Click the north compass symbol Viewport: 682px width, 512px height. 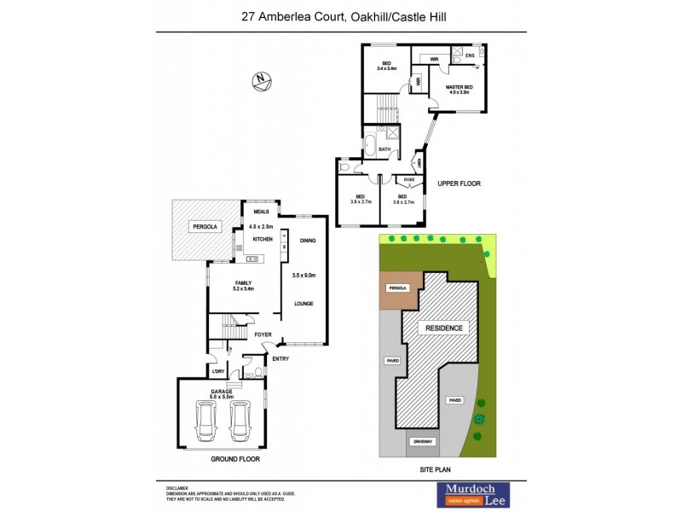click(261, 81)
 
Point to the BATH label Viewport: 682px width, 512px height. click(384, 149)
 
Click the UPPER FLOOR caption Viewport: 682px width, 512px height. click(459, 183)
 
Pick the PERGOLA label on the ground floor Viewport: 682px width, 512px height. click(205, 227)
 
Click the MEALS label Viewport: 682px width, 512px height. click(261, 212)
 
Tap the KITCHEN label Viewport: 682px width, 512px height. click(261, 240)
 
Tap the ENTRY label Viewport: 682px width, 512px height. click(280, 358)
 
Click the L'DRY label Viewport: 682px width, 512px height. click(218, 371)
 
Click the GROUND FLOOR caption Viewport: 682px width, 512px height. click(234, 459)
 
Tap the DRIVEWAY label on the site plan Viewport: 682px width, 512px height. click(424, 441)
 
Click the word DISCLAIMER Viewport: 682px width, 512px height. click(179, 486)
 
